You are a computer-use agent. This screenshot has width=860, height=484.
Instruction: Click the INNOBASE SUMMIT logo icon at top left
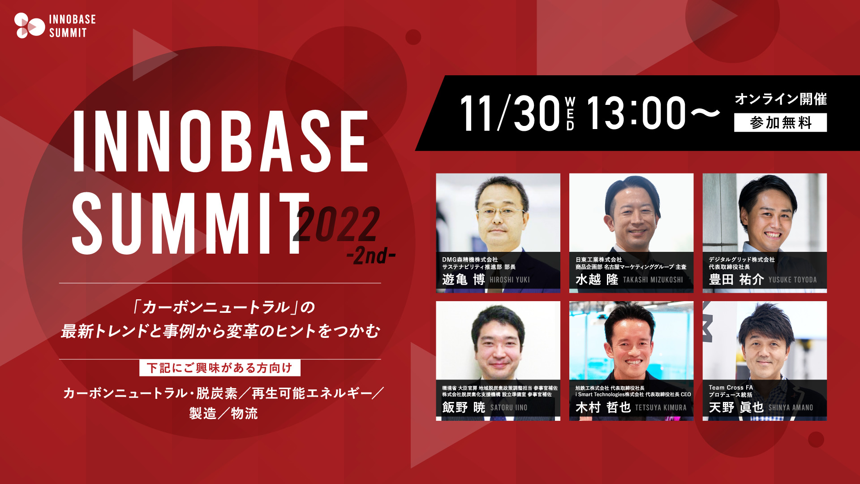29,26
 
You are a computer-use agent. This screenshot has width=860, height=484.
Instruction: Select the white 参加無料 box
780,122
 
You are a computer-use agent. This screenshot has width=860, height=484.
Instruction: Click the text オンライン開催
780,99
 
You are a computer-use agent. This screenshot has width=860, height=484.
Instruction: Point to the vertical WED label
570,113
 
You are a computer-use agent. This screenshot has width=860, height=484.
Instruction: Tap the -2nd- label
371,256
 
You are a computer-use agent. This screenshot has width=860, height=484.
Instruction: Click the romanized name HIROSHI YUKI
510,280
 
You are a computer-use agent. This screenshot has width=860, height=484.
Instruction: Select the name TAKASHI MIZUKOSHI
653,280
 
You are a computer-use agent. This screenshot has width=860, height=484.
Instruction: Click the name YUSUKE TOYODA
792,280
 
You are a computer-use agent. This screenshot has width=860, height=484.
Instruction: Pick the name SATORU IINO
509,407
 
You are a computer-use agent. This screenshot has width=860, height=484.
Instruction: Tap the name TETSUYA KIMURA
661,407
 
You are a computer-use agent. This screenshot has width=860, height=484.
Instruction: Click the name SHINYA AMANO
791,407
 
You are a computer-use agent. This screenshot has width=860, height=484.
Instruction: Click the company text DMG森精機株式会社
470,259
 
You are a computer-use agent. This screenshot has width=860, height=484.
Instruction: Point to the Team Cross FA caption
731,388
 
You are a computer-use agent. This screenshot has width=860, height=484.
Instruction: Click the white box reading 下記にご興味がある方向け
219,368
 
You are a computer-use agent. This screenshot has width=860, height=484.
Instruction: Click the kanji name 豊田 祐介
736,280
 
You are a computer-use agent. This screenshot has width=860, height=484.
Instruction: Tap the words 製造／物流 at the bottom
223,413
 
